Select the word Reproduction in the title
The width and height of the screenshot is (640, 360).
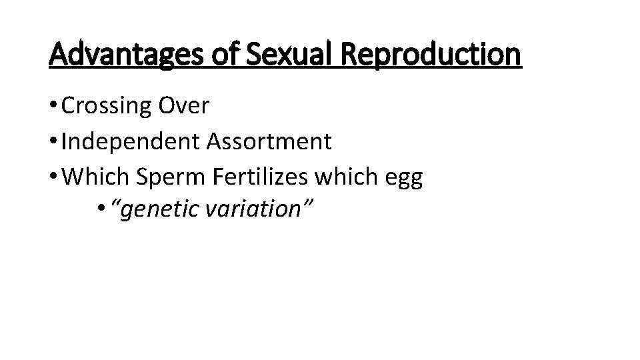[x=430, y=55]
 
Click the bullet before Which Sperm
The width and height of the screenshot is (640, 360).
[x=53, y=177]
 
